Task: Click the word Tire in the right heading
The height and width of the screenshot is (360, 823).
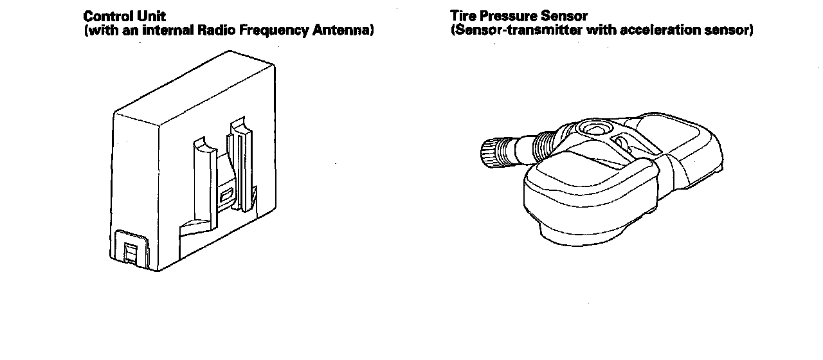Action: click(x=462, y=16)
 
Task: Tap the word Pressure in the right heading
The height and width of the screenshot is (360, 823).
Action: click(x=505, y=16)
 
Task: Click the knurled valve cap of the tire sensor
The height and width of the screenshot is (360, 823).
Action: click(x=492, y=153)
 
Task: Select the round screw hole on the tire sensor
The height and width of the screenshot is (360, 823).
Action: click(x=590, y=129)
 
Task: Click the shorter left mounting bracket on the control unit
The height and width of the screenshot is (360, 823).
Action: click(x=203, y=174)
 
